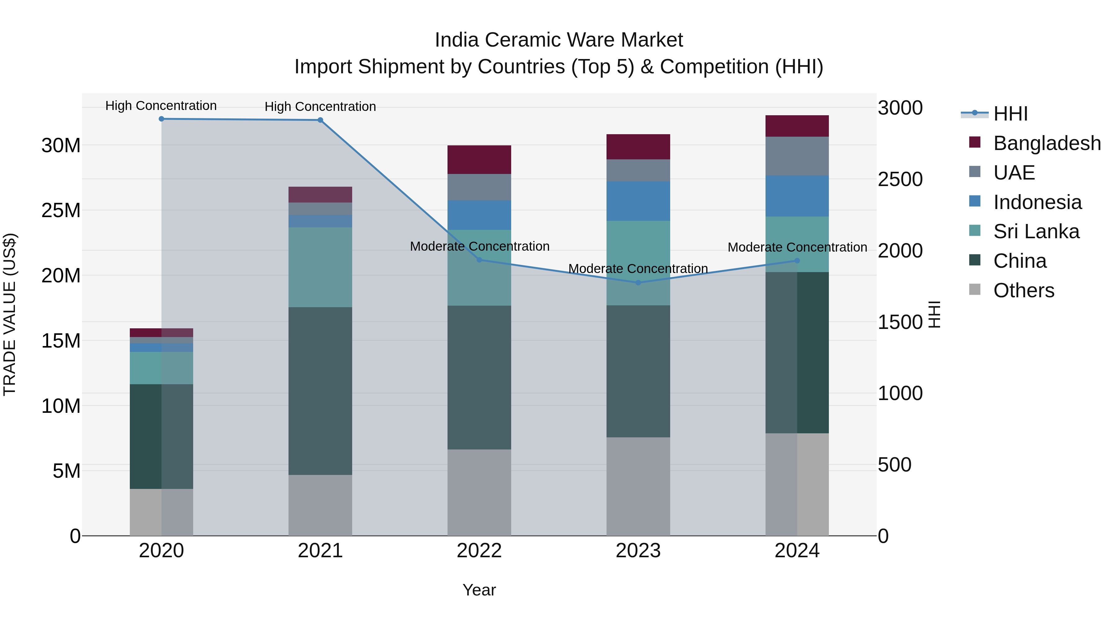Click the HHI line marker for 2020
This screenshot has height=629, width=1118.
(161, 119)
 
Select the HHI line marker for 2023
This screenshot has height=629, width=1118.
(638, 283)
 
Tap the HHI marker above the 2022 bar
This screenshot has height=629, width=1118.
(479, 260)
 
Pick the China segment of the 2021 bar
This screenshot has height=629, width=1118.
(320, 391)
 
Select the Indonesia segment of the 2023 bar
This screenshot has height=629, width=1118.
(638, 201)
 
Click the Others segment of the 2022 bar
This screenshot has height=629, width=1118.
(479, 492)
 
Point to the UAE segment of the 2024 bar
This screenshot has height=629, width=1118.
(797, 156)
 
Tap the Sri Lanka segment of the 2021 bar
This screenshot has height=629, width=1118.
(320, 267)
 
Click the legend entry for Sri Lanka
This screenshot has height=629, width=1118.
(1036, 231)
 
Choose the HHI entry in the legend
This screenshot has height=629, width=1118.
(1010, 114)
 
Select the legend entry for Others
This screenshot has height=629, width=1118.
(1023, 290)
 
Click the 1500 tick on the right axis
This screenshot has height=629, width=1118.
(900, 322)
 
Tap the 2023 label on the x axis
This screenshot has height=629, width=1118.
(638, 551)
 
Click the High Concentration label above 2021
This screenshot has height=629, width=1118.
(320, 106)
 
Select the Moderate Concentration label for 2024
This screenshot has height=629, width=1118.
(797, 247)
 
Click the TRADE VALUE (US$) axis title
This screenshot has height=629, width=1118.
(10, 314)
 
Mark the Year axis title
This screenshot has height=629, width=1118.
(479, 590)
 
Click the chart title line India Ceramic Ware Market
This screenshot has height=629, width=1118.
(559, 40)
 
